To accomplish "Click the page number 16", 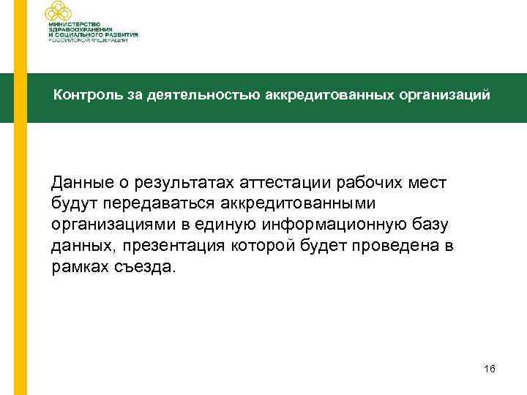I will (490, 369).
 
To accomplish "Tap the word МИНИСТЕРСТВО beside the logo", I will (76, 23).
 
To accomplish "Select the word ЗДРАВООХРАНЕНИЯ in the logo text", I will (84, 29).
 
